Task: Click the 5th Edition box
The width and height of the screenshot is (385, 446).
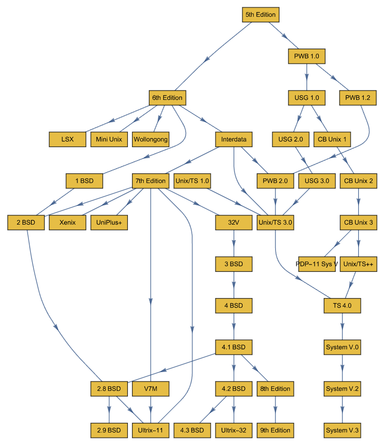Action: click(260, 15)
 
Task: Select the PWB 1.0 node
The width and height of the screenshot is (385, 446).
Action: click(306, 56)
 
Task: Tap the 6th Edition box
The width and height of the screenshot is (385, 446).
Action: click(167, 98)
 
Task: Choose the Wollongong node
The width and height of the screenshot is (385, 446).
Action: click(150, 140)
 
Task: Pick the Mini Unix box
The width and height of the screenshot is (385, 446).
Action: click(109, 140)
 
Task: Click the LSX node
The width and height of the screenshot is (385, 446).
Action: click(67, 140)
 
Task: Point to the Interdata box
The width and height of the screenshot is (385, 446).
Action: click(233, 140)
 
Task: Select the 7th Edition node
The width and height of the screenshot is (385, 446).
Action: click(150, 181)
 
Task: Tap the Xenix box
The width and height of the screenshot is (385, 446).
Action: click(67, 223)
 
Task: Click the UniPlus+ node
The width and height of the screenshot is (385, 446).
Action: click(109, 223)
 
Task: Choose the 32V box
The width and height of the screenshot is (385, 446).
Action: click(233, 223)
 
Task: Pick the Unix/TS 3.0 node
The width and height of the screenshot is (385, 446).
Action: click(275, 223)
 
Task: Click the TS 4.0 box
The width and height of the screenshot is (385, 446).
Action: click(342, 306)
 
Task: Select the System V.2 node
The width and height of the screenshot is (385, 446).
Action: click(342, 389)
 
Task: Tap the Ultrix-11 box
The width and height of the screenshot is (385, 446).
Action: click(150, 430)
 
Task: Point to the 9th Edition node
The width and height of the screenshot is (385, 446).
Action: click(275, 430)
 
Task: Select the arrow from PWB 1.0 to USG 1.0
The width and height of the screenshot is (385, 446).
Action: click(307, 76)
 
